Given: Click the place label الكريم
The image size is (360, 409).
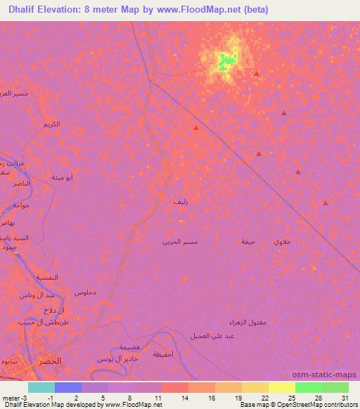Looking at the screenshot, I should [x=51, y=124].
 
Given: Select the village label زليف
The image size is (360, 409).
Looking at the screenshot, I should [x=181, y=202].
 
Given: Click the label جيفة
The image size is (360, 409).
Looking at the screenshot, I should [x=247, y=241].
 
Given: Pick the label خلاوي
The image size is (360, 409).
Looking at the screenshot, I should [x=282, y=241].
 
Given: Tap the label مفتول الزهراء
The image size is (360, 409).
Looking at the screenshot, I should [x=247, y=323].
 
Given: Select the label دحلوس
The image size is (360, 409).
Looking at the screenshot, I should [x=85, y=291].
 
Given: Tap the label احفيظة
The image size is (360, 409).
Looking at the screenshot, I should [x=165, y=354].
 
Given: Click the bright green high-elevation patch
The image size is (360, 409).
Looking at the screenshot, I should [x=225, y=61].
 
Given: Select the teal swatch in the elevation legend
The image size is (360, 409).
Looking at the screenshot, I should [x=41, y=387].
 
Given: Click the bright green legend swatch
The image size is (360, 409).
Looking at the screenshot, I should [x=308, y=387].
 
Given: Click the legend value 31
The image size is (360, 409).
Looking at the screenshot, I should [x=344, y=397].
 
